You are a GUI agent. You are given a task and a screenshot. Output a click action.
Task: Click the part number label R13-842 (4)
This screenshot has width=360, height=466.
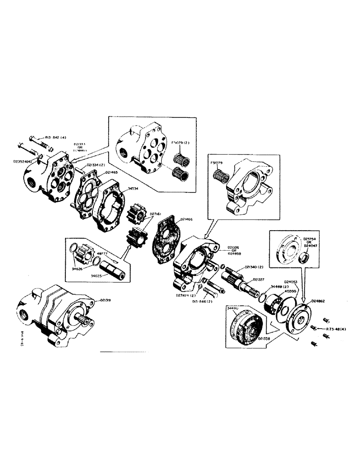[x=55, y=137]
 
